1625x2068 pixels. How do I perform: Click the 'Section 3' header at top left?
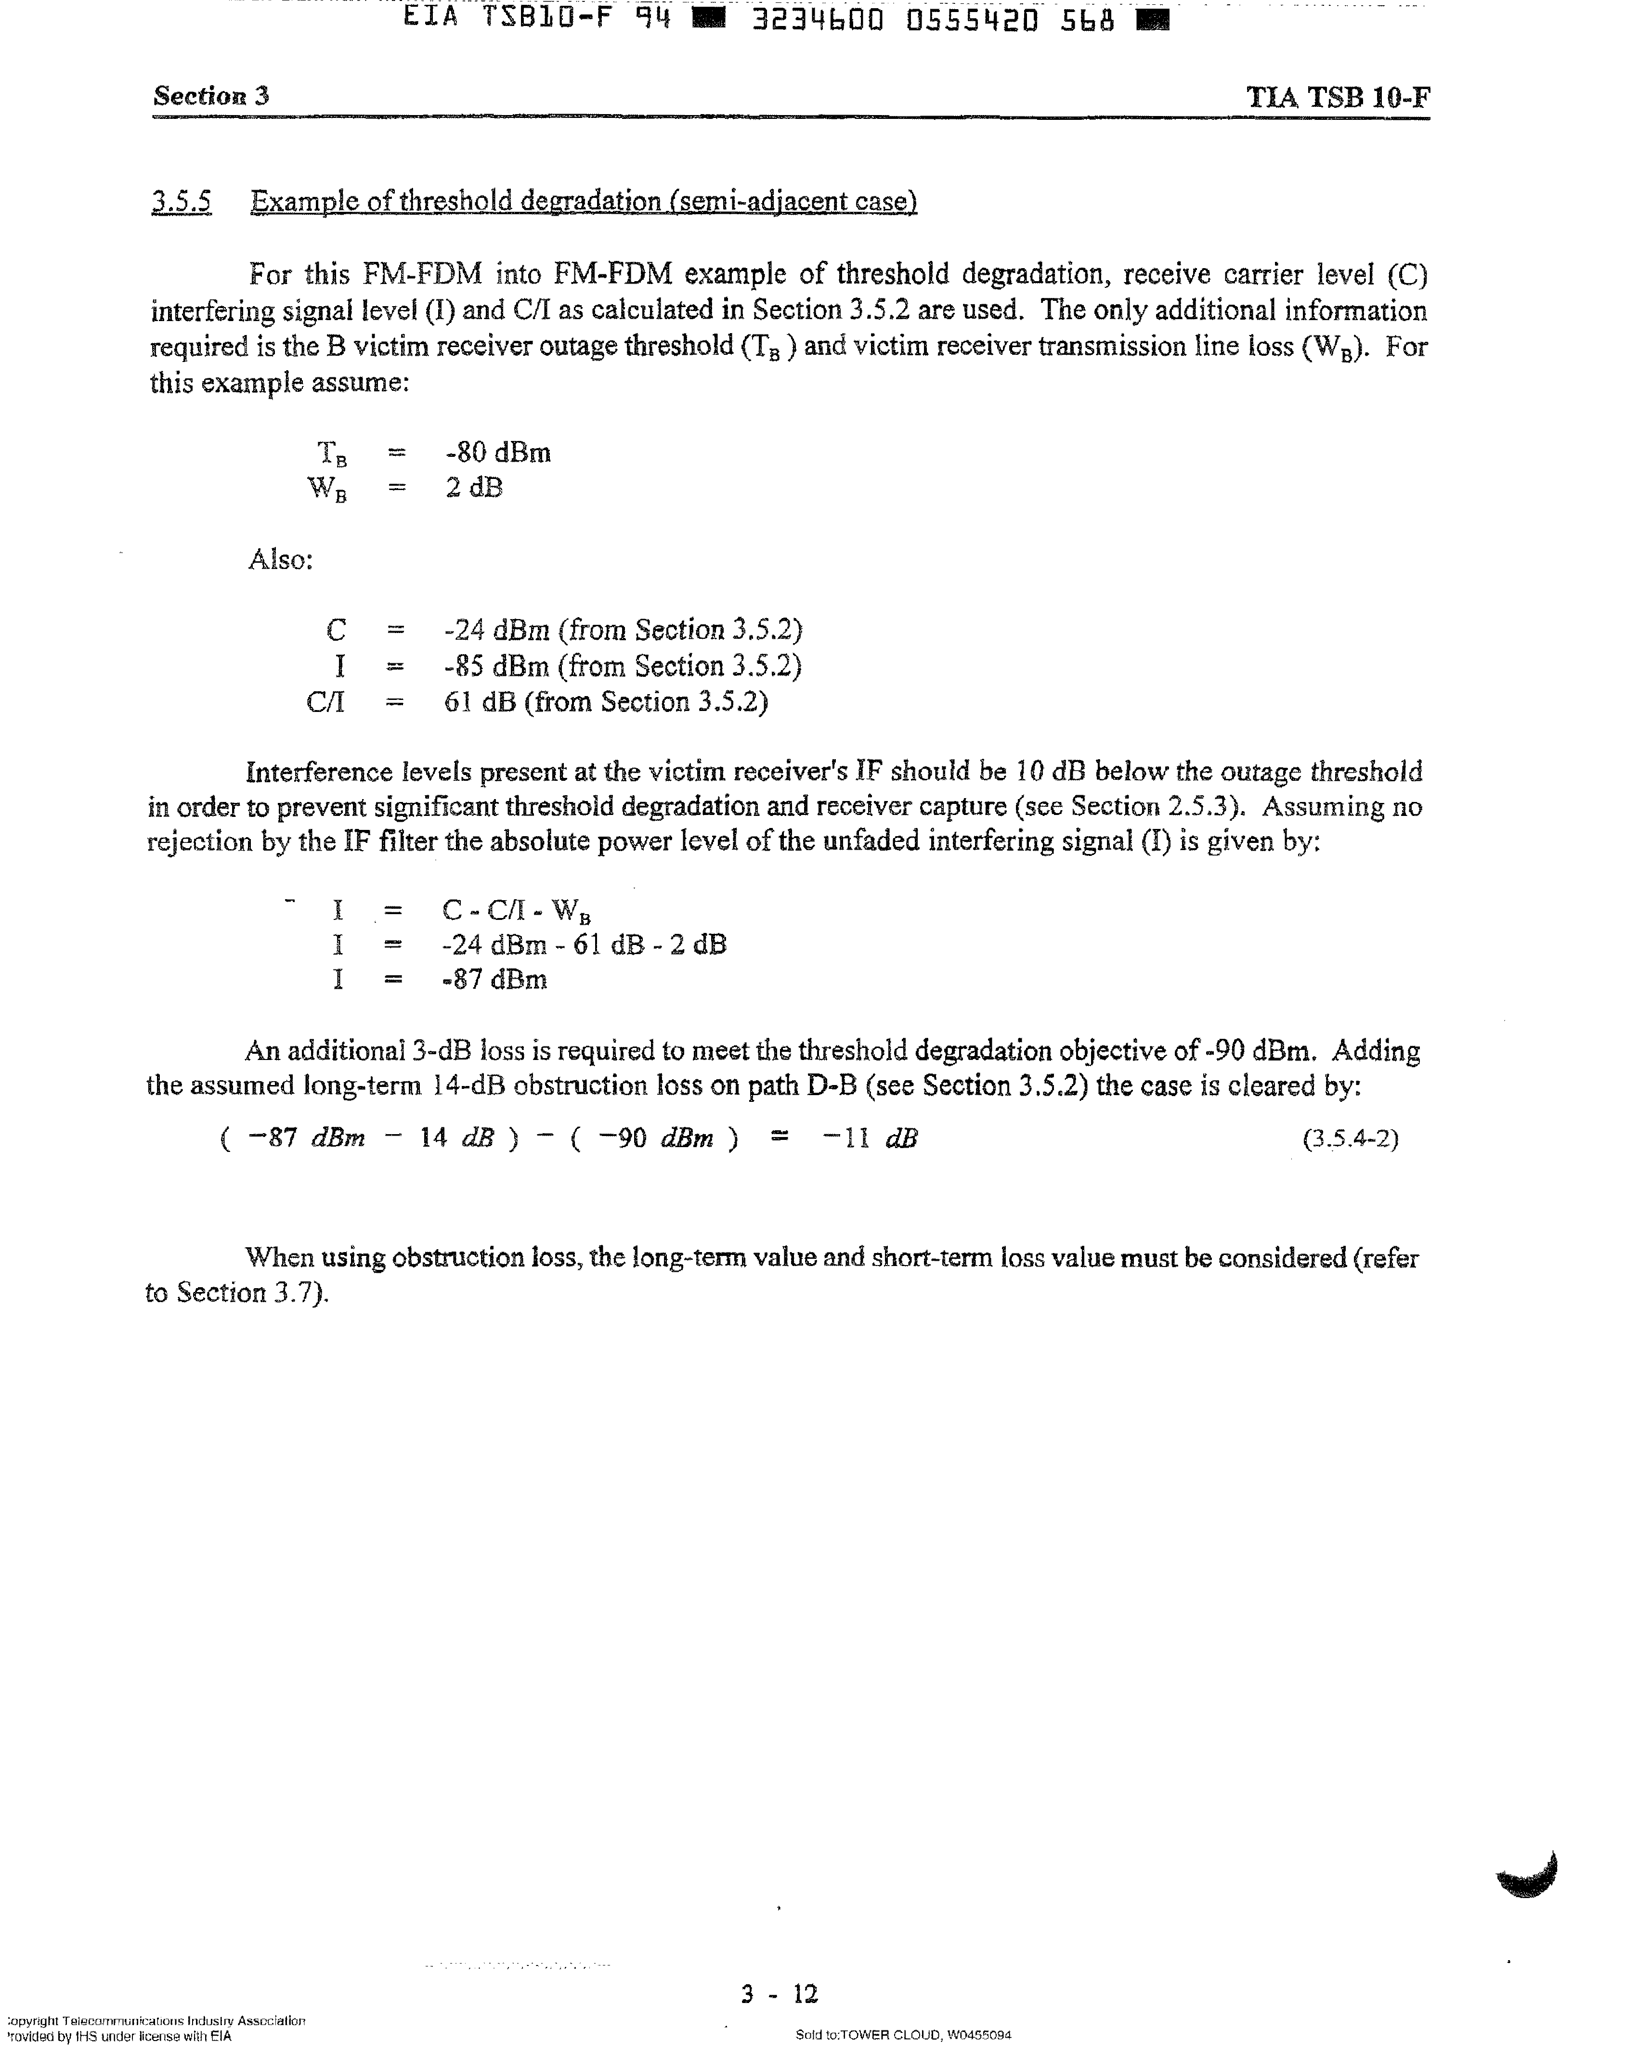(x=211, y=96)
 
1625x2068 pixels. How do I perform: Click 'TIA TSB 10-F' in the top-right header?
(x=1338, y=98)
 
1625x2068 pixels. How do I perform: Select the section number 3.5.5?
(x=181, y=202)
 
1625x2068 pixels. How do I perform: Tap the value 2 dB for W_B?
(x=473, y=488)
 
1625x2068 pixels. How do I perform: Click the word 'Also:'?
(x=281, y=559)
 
